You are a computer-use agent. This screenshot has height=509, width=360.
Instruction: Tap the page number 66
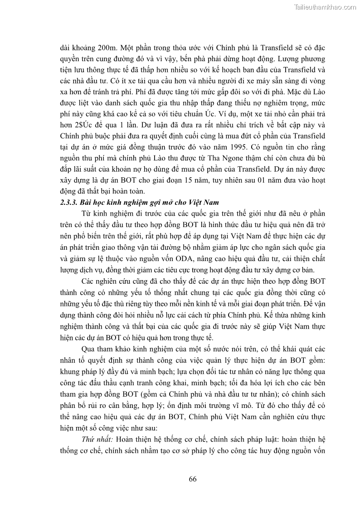pos(192,479)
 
